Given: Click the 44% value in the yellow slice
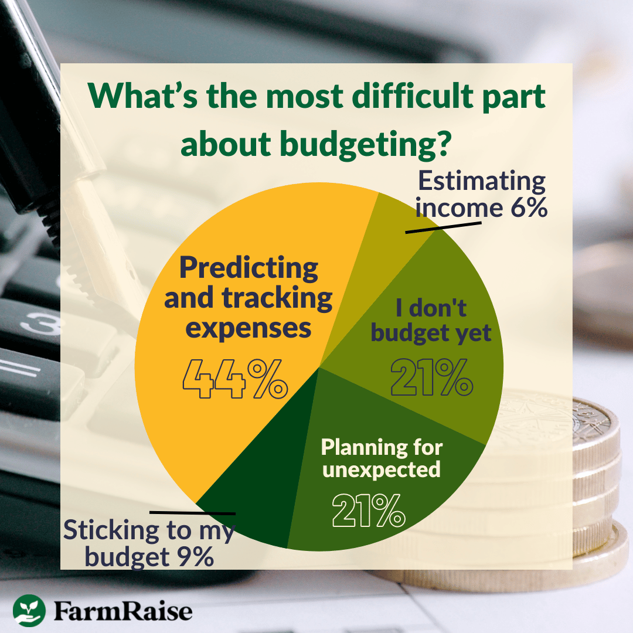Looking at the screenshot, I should coord(234,379).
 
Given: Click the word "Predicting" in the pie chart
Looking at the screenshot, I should coord(249,268).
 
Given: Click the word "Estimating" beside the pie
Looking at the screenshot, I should coord(482,182).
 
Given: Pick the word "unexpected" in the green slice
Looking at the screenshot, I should coord(382,469).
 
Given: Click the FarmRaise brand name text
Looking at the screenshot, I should coord(123,611).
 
